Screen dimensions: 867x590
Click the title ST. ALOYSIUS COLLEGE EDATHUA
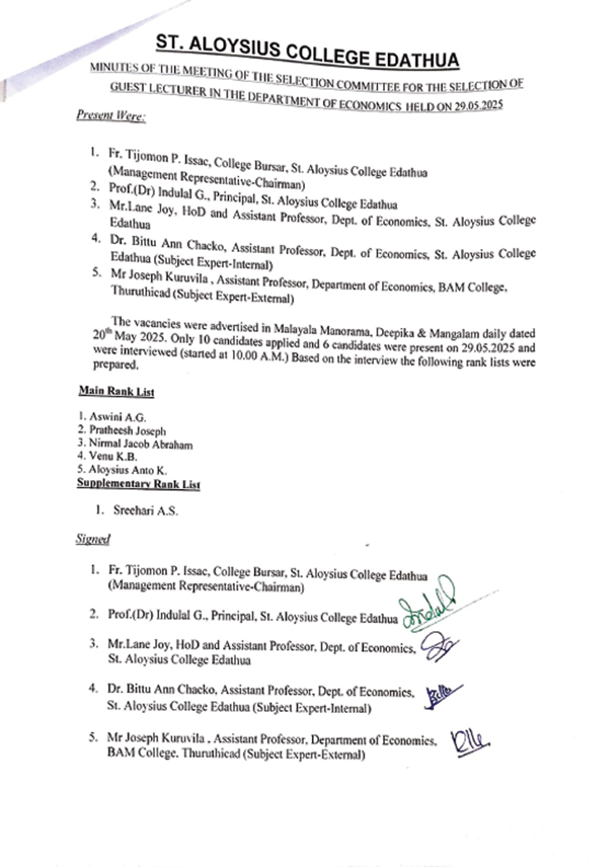[307, 51]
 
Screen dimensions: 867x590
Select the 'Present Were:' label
[111, 116]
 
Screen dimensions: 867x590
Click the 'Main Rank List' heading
[116, 391]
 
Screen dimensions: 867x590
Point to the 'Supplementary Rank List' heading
[138, 484]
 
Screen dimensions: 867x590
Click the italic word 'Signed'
[93, 539]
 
